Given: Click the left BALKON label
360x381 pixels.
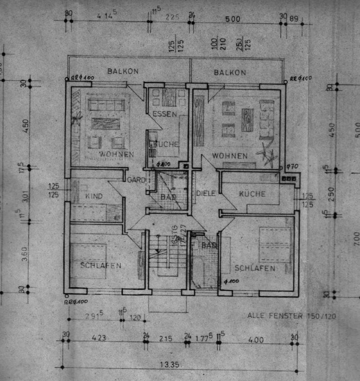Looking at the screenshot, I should (123, 71).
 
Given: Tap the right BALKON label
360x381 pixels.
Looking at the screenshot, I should (230, 73).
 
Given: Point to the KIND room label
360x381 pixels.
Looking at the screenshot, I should (94, 196).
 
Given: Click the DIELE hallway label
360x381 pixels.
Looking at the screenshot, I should (206, 193).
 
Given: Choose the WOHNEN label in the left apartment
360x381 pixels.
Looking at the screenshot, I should (116, 154).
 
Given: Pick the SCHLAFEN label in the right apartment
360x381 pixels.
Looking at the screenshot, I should (255, 268).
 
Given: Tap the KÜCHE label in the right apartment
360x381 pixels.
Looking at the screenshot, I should (252, 194).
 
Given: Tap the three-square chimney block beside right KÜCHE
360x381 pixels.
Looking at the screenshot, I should (289, 179).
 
